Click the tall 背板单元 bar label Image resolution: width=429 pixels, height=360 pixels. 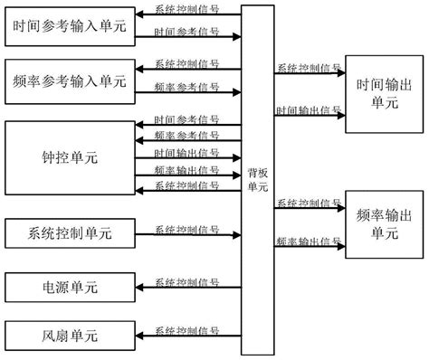pos(257,180)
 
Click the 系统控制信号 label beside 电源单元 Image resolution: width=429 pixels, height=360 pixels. pos(186,281)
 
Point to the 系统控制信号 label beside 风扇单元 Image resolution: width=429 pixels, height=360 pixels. pos(186,329)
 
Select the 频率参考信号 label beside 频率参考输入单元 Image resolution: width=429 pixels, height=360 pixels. pos(186,87)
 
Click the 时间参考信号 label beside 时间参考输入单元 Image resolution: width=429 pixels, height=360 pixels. pos(186,33)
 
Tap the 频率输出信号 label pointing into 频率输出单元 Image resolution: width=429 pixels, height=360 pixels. pos(309,241)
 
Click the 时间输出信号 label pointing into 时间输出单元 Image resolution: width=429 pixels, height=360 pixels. pos(309,109)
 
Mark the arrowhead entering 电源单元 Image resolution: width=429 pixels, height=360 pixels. pos(136,288)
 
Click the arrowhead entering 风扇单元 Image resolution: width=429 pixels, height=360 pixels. pos(136,336)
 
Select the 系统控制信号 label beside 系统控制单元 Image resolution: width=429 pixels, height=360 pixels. pos(186,228)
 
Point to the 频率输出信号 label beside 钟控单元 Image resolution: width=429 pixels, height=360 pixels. pos(186,168)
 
